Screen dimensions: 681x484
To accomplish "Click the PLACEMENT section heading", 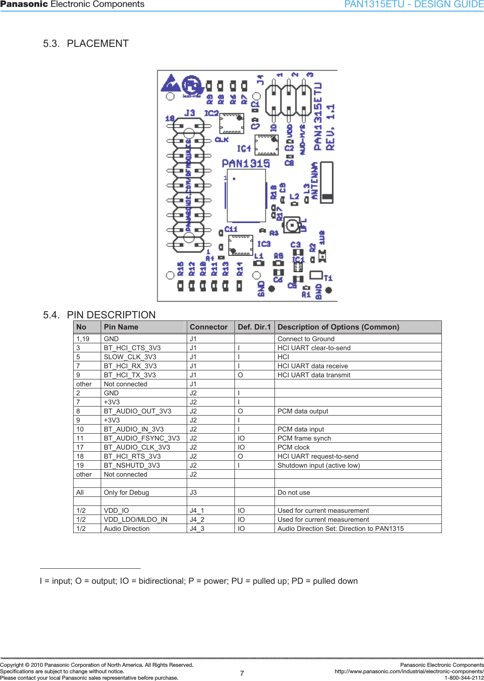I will click(97, 43).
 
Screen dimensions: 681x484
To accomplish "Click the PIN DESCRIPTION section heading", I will click(111, 315).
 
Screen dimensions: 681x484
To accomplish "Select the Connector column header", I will click(209, 327).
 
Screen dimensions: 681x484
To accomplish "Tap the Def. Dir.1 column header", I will click(254, 327).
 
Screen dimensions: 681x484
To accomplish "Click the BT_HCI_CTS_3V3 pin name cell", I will click(132, 348).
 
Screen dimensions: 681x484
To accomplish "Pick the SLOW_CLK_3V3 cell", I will click(130, 357).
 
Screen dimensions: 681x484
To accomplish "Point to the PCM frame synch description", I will click(304, 438).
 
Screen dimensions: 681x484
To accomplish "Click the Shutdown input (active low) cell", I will click(318, 465).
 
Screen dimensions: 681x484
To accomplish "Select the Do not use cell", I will click(293, 493).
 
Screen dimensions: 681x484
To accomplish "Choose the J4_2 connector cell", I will click(197, 520).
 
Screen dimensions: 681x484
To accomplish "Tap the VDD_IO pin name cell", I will click(116, 511).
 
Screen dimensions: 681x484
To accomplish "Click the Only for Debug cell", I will click(126, 493).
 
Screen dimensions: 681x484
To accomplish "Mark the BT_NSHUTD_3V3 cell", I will click(132, 465).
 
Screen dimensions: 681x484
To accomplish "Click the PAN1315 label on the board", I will click(246, 163).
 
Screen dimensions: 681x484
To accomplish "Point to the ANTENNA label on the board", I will click(314, 181).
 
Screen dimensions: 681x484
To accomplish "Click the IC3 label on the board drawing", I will click(264, 244).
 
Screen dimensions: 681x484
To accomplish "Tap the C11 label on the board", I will click(231, 229).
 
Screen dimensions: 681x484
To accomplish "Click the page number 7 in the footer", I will click(242, 673).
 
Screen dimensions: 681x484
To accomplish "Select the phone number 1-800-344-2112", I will click(464, 678).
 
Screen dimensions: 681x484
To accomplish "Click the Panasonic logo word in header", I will click(24, 4).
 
